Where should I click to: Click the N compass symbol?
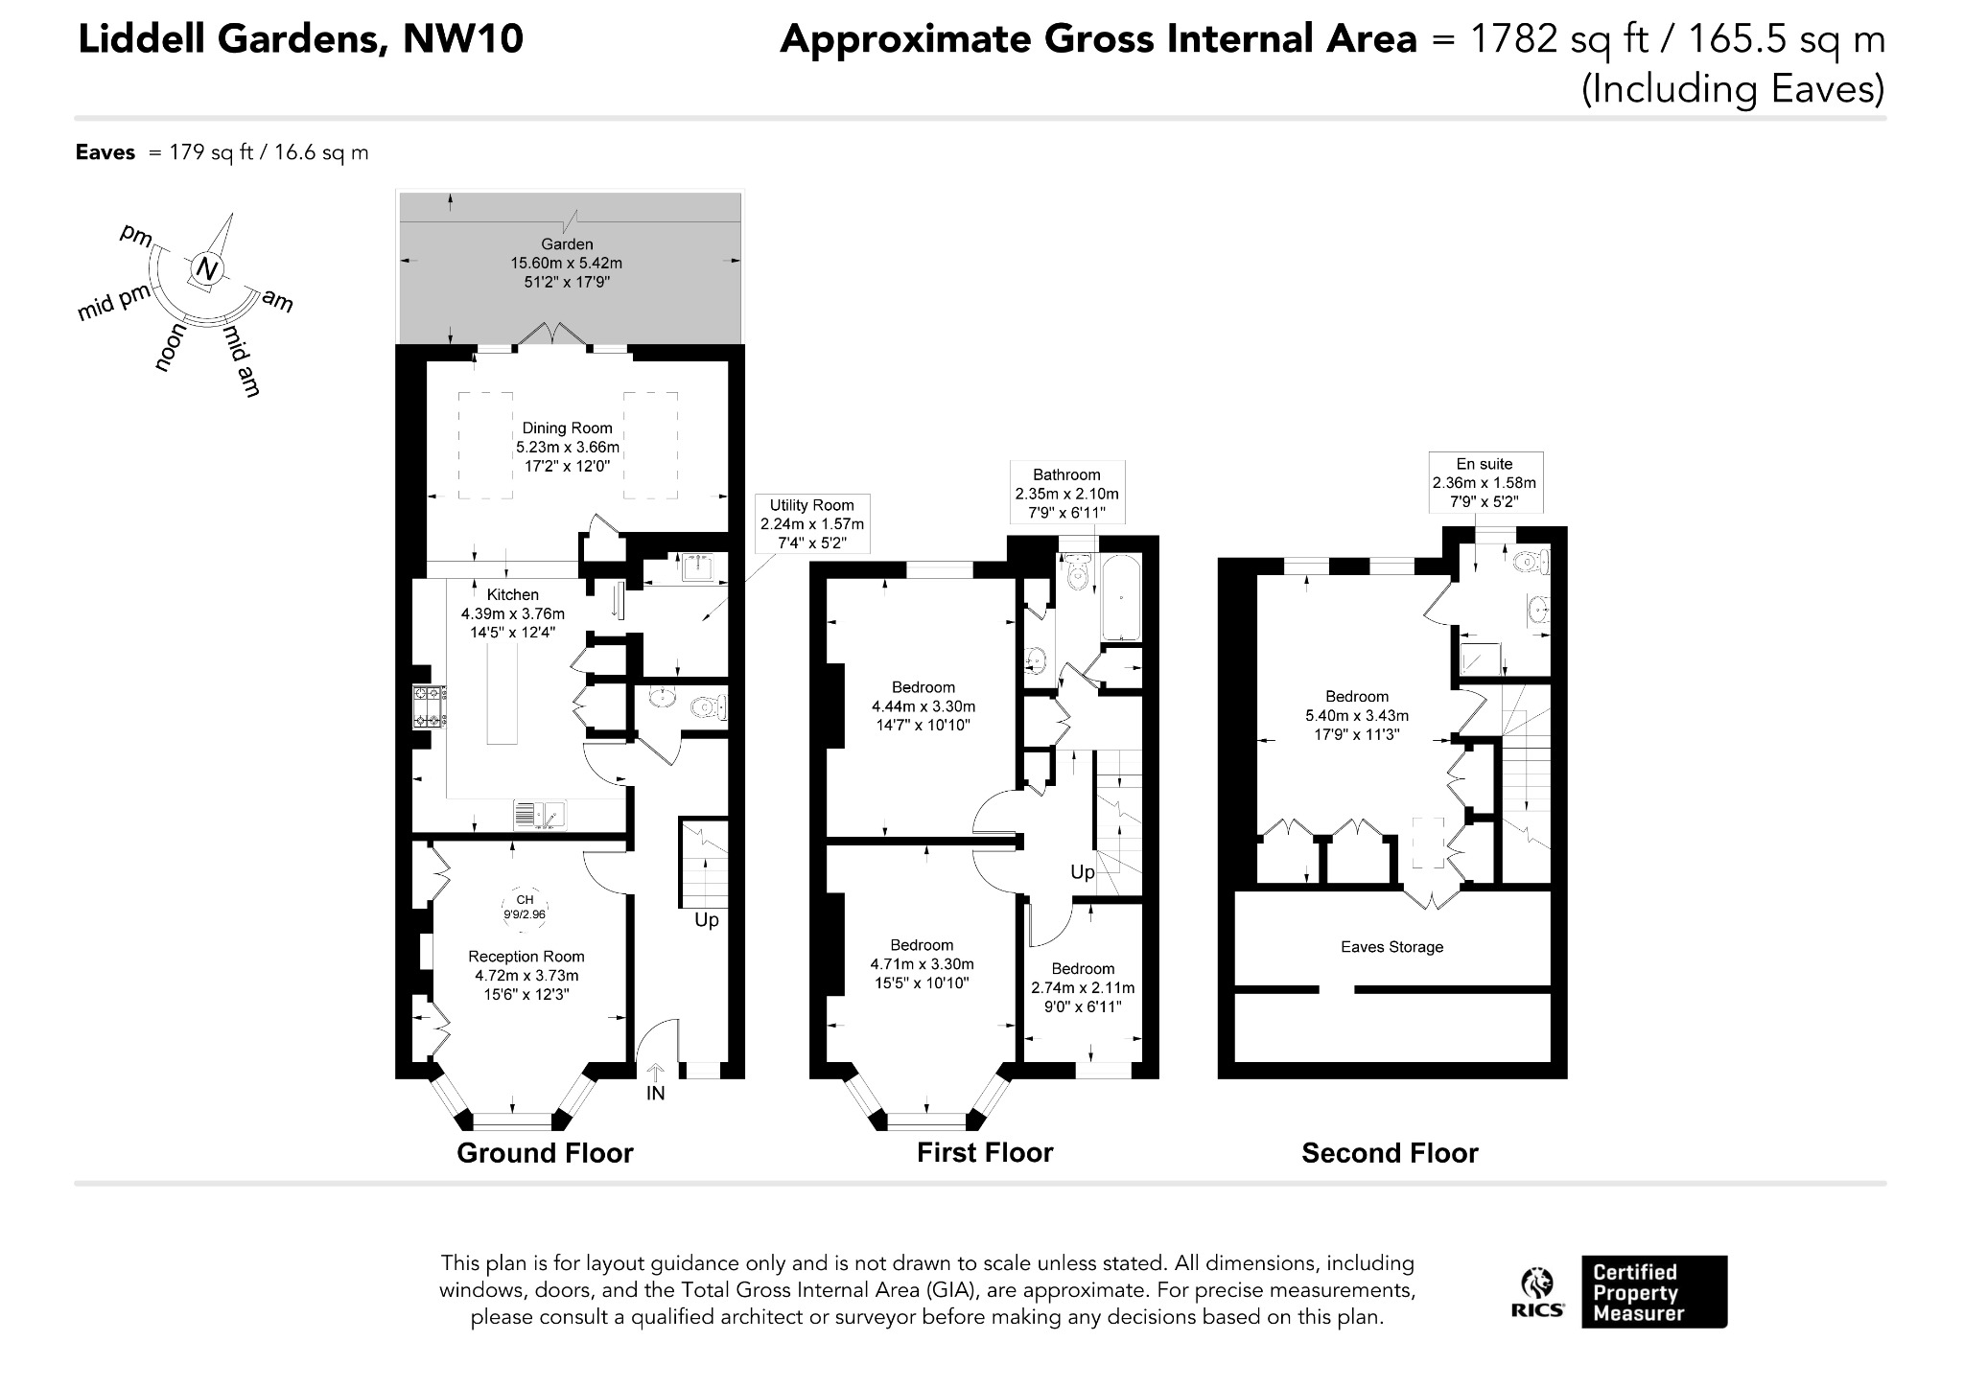(206, 269)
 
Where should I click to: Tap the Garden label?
(567, 244)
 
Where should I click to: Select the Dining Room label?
(567, 428)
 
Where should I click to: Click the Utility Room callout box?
(812, 524)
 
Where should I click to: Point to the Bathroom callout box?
(1066, 493)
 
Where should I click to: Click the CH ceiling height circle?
(525, 907)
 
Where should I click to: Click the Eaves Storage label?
(1391, 947)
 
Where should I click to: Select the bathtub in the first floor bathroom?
(1120, 597)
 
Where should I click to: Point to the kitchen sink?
(540, 815)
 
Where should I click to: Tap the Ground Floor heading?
(545, 1152)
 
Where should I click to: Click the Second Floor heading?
(1390, 1152)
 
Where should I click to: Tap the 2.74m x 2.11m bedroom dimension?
(1083, 987)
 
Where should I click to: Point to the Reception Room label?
(526, 956)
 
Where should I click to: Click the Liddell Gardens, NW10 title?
(300, 39)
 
